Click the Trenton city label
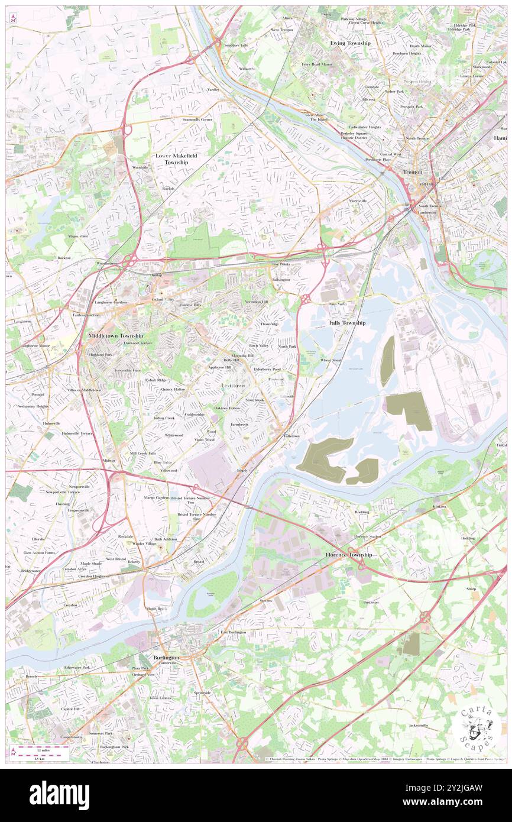tap(413, 171)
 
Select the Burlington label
tap(166, 657)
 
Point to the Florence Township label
tap(349, 555)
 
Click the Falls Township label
tap(347, 323)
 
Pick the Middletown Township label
tap(115, 335)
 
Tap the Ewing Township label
tap(350, 43)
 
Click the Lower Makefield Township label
tap(176, 158)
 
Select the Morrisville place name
tap(358, 200)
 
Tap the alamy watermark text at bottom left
tap(59, 795)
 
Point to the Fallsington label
tap(281, 279)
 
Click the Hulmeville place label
tap(51, 423)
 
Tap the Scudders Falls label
tap(235, 45)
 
